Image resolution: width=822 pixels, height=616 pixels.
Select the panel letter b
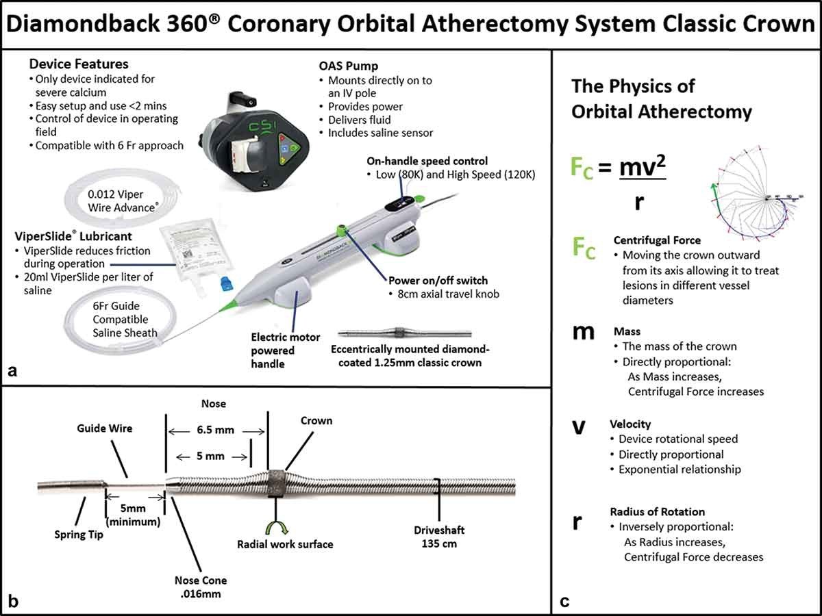tap(12, 602)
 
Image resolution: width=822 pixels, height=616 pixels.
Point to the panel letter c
tap(564, 602)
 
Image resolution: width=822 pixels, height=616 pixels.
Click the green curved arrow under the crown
tap(276, 528)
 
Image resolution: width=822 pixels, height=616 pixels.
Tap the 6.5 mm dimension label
tap(217, 431)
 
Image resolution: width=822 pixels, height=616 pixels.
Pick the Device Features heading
tap(79, 64)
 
